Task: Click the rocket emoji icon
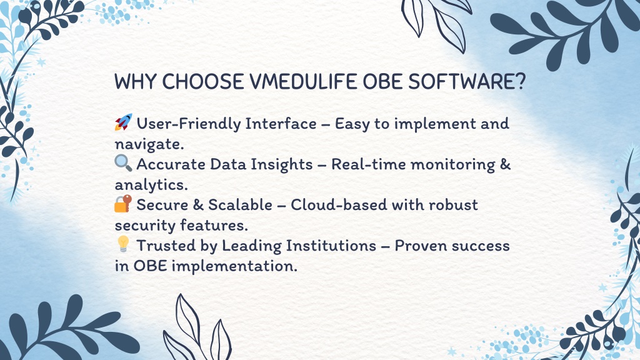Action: coord(123,122)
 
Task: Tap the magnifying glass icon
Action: coord(123,163)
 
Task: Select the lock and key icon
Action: coord(123,204)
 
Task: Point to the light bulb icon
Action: coord(123,244)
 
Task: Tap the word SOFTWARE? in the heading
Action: coord(467,82)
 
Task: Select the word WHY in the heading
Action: coord(135,82)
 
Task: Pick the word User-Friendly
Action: coord(186,124)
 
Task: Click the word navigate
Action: coord(149,144)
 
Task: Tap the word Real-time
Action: coord(368,164)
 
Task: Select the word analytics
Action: coord(151,185)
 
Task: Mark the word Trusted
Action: coord(166,246)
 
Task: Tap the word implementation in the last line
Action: coord(234,266)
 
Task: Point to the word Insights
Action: coord(282,164)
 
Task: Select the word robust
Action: coord(453,205)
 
